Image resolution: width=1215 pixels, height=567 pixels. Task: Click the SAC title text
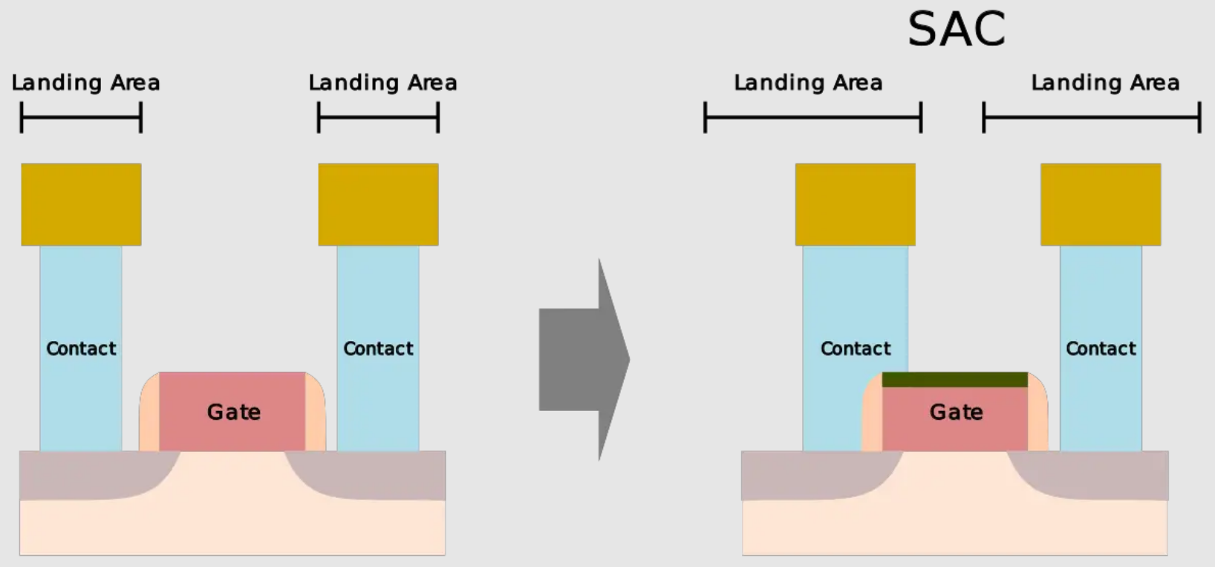[957, 30]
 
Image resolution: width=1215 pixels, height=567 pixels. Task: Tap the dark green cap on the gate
[954, 380]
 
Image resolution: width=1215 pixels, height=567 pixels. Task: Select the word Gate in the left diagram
[233, 412]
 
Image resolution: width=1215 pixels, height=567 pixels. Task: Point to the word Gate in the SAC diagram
[956, 412]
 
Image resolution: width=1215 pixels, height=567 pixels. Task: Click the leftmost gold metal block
[81, 204]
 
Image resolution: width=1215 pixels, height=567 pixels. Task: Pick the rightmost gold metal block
[1100, 204]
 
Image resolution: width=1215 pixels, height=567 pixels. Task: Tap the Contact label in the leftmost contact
[81, 349]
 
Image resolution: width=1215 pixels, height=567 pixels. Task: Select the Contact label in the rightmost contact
[1101, 349]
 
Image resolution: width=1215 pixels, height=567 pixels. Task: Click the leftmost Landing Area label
[85, 82]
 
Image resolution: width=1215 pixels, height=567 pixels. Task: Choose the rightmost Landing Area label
[1105, 82]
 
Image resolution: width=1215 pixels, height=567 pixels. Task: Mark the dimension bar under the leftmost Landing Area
[81, 117]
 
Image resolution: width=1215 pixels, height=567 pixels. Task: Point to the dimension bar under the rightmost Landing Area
[1092, 117]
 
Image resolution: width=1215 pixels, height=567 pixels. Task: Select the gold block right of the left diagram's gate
[378, 204]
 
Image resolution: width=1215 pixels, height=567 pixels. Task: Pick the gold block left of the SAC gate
[855, 204]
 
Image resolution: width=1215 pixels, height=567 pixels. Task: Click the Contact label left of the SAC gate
[856, 349]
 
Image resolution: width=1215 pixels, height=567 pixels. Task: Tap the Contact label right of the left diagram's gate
[378, 349]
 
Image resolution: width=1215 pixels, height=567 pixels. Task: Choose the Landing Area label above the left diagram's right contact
[382, 82]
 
